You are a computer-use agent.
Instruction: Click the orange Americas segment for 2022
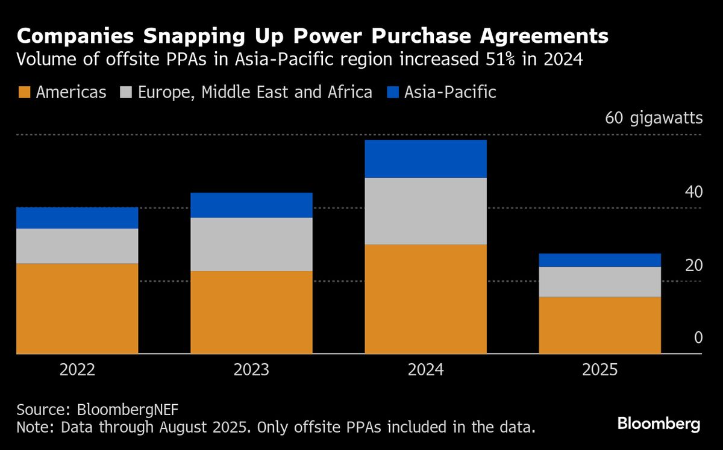77,308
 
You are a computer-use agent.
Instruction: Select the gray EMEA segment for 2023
251,244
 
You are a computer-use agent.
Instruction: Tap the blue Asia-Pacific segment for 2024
425,158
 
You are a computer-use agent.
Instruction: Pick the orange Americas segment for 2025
599,325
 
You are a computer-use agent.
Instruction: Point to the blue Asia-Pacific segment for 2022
77,217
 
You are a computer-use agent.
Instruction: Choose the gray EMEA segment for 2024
425,211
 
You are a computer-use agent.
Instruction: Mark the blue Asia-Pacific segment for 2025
599,260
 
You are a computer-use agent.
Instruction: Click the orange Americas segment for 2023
251,312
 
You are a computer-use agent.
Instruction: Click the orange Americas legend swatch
23,92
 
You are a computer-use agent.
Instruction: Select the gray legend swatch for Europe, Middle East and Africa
125,92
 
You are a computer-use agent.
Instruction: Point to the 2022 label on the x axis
77,369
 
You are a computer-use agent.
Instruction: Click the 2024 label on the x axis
425,369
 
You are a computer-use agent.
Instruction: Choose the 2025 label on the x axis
599,369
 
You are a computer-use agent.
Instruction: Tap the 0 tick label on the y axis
698,338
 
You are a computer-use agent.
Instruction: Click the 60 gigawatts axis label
654,117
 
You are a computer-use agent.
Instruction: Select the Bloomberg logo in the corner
659,423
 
